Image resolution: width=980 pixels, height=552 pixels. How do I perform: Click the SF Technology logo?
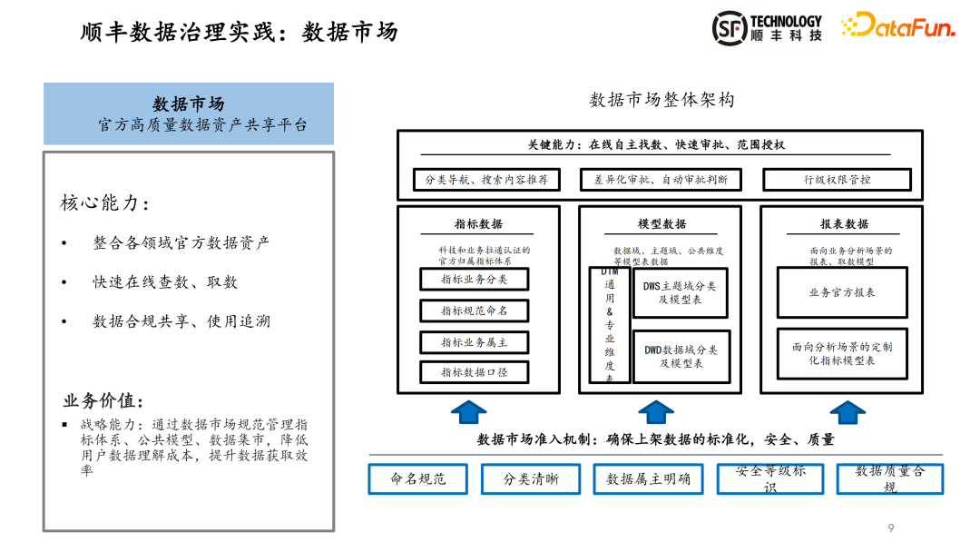tap(767, 28)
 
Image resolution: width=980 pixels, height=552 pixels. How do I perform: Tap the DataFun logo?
tap(897, 26)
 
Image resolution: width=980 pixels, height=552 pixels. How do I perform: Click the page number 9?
tap(891, 527)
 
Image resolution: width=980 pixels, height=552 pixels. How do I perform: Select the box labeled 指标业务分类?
tap(474, 280)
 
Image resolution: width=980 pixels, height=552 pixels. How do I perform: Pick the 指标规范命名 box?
tap(474, 310)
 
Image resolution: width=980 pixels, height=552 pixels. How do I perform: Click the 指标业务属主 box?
tap(474, 342)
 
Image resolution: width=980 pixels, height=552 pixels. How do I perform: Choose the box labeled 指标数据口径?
tap(474, 372)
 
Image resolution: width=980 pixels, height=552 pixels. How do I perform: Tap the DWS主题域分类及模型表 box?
tap(680, 292)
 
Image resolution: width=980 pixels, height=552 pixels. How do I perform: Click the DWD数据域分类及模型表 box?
tap(681, 356)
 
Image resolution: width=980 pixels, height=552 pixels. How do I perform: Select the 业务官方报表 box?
tap(841, 292)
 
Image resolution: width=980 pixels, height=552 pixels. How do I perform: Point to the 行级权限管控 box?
tap(837, 180)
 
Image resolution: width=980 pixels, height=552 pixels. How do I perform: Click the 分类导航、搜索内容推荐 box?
tap(486, 180)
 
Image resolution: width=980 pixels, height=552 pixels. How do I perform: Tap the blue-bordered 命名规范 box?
tap(418, 478)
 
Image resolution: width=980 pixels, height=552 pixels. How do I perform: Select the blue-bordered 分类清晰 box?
tap(531, 478)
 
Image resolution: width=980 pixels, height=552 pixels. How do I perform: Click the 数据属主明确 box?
tap(648, 478)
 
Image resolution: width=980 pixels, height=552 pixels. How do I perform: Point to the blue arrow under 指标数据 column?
tap(469, 412)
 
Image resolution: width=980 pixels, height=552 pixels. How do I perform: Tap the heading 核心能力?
tap(104, 203)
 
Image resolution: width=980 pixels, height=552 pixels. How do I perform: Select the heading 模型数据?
tap(661, 224)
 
